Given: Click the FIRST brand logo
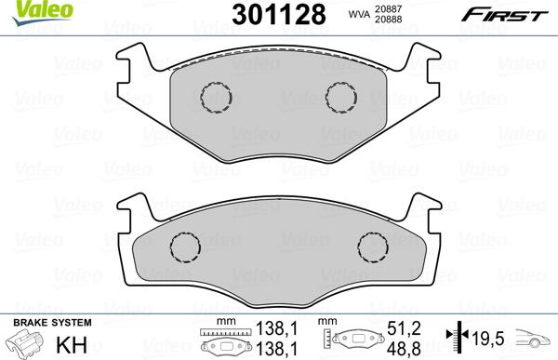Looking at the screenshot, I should pos(511,12).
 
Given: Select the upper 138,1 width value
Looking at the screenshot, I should pos(270,328).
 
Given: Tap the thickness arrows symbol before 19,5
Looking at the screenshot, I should pos(453,337).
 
